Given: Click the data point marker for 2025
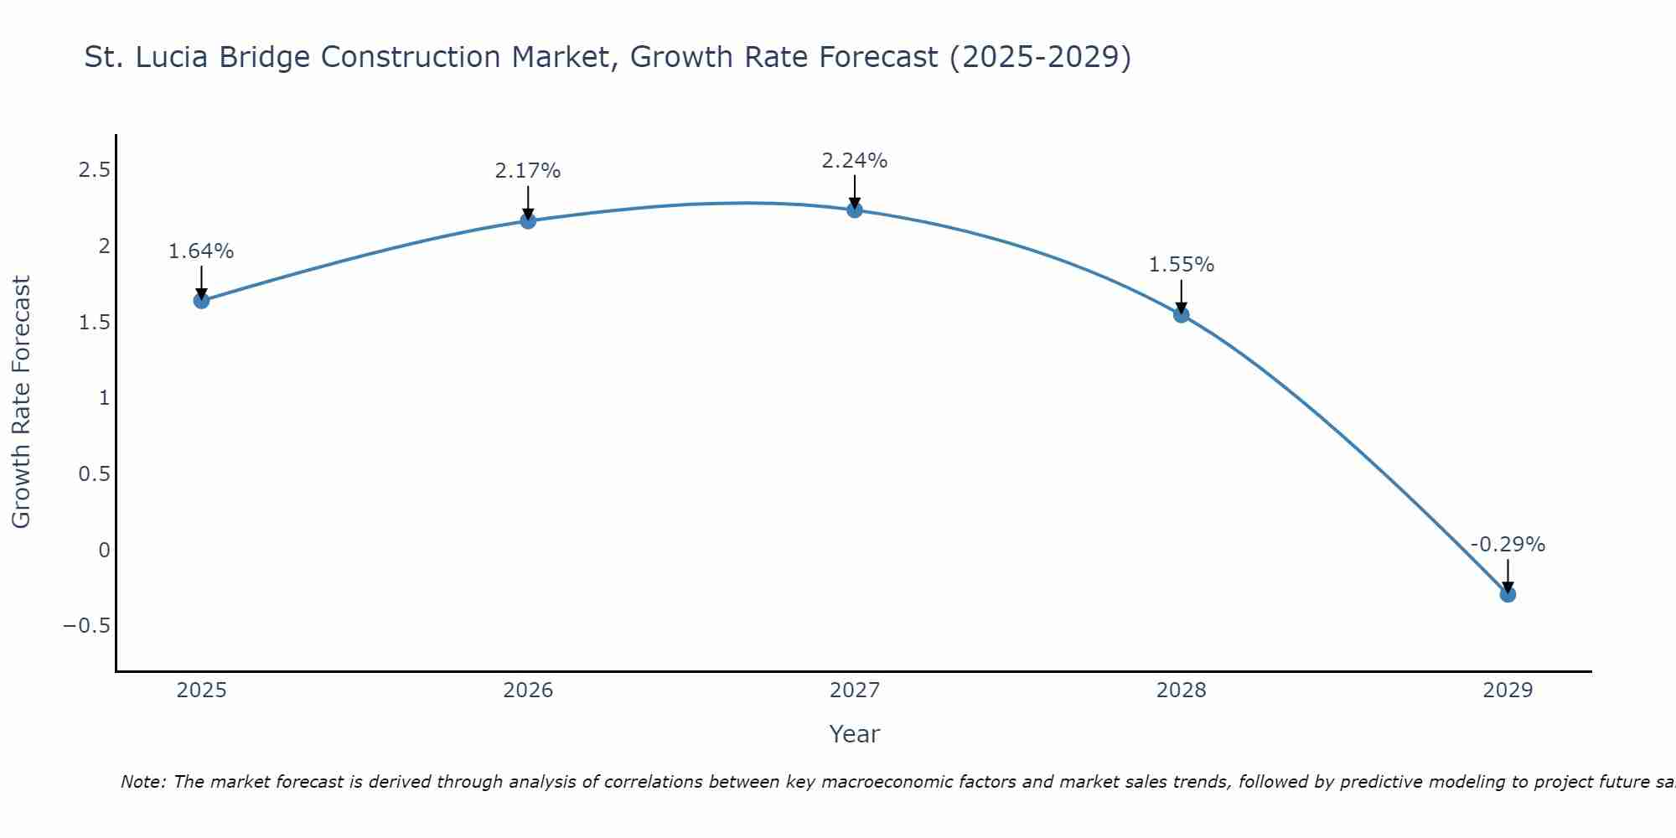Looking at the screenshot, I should pos(201,300).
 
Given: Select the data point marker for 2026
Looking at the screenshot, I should pos(528,220).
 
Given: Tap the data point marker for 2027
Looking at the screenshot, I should pos(855,209).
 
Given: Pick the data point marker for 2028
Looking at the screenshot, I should pos(1182,314).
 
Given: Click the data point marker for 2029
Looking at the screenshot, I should pos(1508,594).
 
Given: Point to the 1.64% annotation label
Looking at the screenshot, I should pos(201,251).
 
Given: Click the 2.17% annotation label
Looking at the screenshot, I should pos(528,171).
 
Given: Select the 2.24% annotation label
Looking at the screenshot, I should pos(855,160).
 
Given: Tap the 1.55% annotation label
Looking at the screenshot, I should pos(1182,265).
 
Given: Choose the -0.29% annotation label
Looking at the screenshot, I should pos(1508,545).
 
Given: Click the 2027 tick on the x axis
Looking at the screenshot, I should pos(855,691).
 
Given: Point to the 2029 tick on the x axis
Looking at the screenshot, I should pos(1508,691).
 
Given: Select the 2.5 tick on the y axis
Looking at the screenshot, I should pos(94,170).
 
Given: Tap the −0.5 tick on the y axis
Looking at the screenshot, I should pos(86,626).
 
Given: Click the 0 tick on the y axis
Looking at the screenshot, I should pos(104,550).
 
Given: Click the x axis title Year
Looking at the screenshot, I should pos(855,734).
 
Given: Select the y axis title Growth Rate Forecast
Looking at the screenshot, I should pos(21,402).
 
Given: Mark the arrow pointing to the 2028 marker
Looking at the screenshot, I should pos(1182,297).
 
